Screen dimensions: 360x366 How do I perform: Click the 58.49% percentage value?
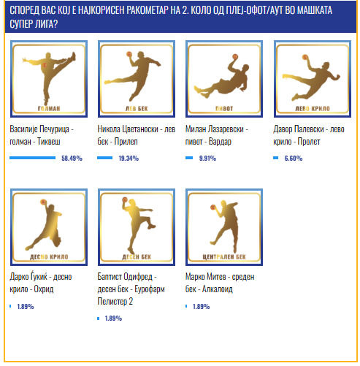72,159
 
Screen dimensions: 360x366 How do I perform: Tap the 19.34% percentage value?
129,159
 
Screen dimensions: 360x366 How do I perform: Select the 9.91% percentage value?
207,159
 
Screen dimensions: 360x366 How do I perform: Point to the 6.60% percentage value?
294,159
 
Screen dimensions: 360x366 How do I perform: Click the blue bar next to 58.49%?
33,158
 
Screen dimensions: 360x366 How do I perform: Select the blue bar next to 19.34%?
105,158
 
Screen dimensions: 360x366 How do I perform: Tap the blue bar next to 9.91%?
189,158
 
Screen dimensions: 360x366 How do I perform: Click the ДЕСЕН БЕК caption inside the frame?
137,257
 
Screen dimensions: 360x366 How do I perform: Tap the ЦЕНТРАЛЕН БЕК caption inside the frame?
224,257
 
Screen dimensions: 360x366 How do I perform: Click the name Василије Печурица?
39,129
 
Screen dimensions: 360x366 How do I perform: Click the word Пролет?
309,142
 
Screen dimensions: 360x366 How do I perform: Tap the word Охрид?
44,289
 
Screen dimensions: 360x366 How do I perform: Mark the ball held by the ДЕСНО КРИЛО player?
43,202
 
